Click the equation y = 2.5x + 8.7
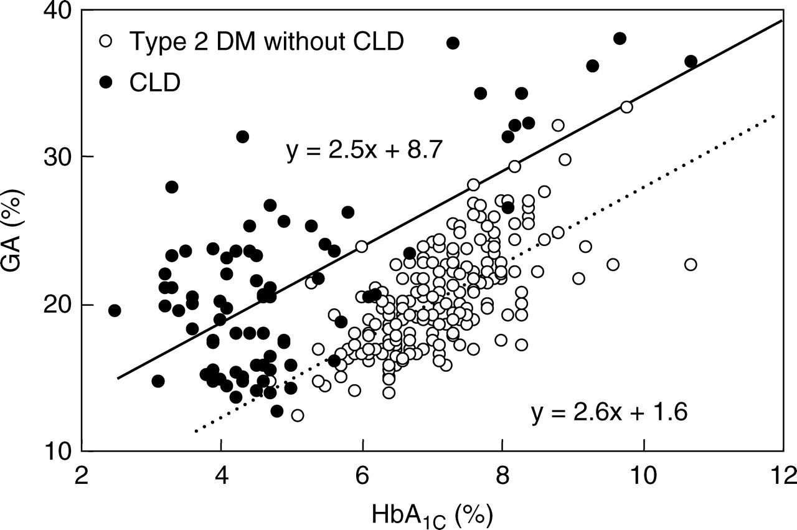pos(364,150)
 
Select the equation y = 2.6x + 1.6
pos(610,412)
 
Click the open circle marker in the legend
pos(106,41)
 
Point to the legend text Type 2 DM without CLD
pos(266,41)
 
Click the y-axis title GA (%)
pos(14,230)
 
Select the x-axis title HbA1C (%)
pos(432,516)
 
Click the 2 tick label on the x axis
pos(82,476)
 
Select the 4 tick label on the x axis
pos(222,476)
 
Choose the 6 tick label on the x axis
pos(362,476)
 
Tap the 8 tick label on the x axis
pos(502,476)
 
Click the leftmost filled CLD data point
pos(115,310)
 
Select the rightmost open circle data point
pos(691,265)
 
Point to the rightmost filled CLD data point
pos(691,61)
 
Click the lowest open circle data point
pos(298,415)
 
